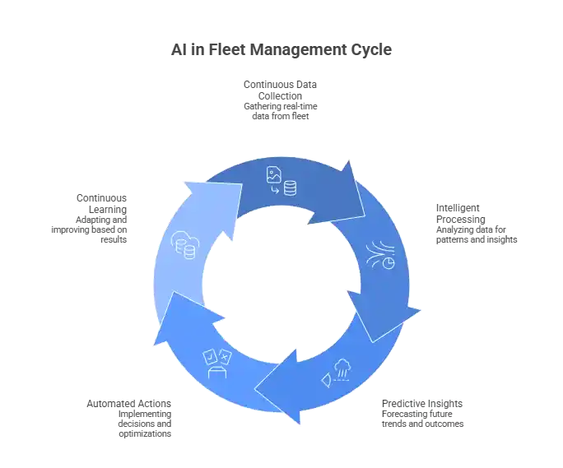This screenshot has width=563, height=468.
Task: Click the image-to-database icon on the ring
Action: (281, 181)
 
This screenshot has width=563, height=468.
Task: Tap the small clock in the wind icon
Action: (387, 262)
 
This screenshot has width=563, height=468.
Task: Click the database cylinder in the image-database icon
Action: (290, 188)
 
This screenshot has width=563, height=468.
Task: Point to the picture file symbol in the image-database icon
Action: (273, 174)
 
